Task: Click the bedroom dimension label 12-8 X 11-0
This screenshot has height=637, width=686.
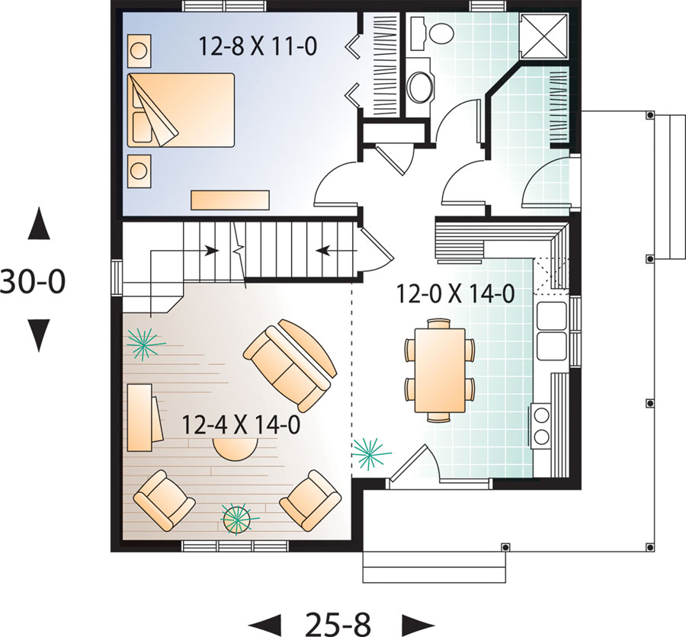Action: coord(258,46)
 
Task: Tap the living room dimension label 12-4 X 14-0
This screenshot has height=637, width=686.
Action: coord(241,424)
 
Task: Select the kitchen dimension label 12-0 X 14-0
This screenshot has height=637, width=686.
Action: coord(456,293)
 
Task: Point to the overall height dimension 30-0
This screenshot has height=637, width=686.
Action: coord(33,281)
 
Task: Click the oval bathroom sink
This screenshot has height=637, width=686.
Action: coord(421,87)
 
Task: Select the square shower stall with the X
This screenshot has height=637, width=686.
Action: coord(543,35)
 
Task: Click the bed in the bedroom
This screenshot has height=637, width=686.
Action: coord(181,110)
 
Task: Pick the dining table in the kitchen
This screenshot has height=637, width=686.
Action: coord(440,370)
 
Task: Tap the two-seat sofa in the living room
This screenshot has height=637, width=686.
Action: coord(290,365)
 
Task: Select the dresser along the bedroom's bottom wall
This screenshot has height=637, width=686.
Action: coord(230,200)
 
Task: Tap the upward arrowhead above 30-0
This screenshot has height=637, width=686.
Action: coord(39,223)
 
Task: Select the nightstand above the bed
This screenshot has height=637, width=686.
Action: coord(139,51)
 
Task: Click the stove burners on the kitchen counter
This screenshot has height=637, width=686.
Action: coord(542,425)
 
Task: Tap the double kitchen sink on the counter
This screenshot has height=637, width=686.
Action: coord(552,331)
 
